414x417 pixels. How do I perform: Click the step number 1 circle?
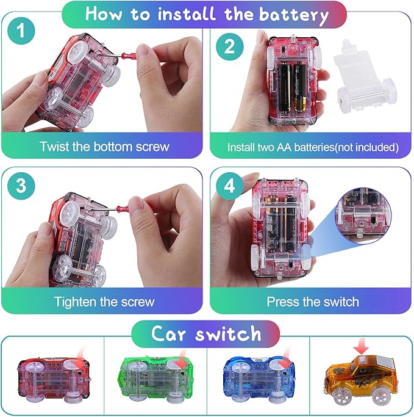coord(21,31)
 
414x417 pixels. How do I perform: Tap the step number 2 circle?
coord(229,47)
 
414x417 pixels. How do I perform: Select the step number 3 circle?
coord(21,186)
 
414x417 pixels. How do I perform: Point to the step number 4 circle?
coord(230,186)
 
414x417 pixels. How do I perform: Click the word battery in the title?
coord(294,15)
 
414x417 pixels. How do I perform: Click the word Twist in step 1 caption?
coord(54,147)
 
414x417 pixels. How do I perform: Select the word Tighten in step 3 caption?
coord(76,302)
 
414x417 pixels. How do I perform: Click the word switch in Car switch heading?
coord(229,333)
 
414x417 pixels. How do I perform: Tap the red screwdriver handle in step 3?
coord(122,209)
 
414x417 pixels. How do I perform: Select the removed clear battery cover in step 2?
coord(364,78)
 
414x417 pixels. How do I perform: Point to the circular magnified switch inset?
coord(363,215)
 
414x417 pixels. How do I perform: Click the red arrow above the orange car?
coord(361,346)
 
